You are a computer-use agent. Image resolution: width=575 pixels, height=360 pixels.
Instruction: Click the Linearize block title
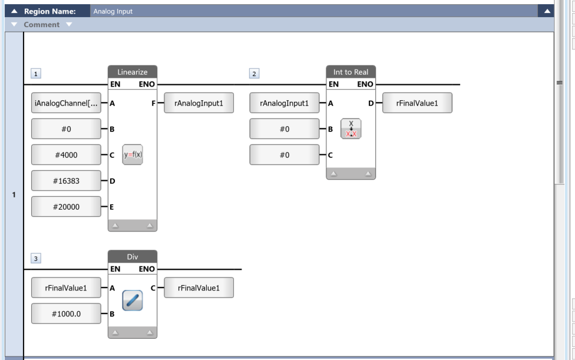[x=133, y=72]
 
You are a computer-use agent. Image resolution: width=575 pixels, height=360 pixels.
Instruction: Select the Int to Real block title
[x=351, y=72]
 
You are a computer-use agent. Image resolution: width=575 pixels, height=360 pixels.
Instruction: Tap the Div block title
[x=133, y=257]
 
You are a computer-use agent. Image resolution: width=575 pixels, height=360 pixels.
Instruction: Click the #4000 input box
[x=66, y=155]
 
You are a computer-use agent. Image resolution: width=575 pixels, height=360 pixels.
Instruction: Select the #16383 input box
[x=66, y=181]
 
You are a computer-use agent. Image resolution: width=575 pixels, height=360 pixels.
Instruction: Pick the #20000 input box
[x=66, y=207]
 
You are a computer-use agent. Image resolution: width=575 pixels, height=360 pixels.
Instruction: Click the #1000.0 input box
[x=66, y=314]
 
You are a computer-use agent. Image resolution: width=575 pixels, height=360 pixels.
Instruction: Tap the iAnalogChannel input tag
[x=66, y=103]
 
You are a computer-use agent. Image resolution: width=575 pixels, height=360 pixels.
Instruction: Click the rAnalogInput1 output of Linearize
[x=199, y=103]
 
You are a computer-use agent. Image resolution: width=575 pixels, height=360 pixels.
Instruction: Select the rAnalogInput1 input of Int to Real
[x=284, y=103]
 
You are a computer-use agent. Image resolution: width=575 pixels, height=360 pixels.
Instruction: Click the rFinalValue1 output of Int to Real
[x=417, y=103]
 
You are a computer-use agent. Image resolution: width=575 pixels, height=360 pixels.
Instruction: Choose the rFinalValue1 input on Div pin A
[x=66, y=288]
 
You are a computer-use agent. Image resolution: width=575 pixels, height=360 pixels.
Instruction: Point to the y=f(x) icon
[x=133, y=155]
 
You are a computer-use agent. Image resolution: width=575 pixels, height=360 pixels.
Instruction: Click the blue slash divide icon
[x=133, y=300]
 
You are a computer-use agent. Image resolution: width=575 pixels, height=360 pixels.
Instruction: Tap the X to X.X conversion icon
[x=351, y=128]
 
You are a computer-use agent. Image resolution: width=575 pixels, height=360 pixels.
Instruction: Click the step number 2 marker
[x=254, y=74]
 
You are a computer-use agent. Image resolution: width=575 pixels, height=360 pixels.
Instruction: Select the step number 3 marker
[x=35, y=259]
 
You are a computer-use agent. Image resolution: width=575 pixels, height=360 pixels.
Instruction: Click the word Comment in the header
[x=41, y=25]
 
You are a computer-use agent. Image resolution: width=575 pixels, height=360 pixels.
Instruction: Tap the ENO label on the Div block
[x=147, y=269]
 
